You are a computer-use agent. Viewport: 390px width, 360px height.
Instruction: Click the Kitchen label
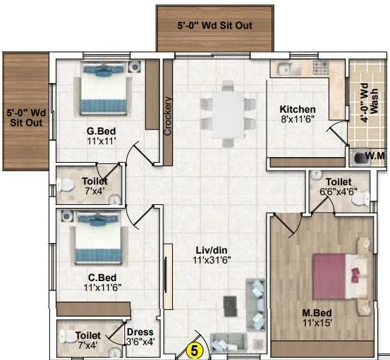tap(297, 109)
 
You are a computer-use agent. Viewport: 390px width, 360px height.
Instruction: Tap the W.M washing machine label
tap(368, 156)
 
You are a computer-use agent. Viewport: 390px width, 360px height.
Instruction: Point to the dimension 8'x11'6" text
tap(297, 120)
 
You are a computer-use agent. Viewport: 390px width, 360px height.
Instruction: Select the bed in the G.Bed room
tap(104, 88)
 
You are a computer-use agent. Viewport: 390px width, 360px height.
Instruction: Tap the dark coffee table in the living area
tap(230, 304)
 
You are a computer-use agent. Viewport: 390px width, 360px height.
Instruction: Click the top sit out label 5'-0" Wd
tap(214, 26)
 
